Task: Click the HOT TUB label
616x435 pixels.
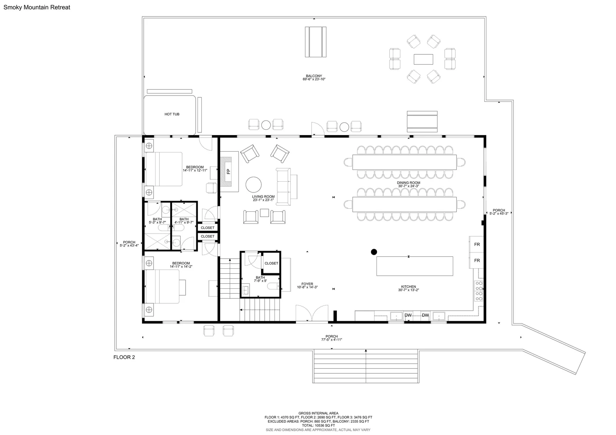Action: pyautogui.click(x=172, y=114)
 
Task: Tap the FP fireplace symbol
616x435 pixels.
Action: pyautogui.click(x=228, y=171)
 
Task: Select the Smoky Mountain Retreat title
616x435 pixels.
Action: pyautogui.click(x=37, y=7)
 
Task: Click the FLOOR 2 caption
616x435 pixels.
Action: pyautogui.click(x=124, y=357)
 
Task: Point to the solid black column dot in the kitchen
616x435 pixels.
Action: pyautogui.click(x=374, y=252)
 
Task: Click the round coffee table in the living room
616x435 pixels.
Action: pyautogui.click(x=254, y=184)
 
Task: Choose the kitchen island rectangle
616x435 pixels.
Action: pyautogui.click(x=415, y=266)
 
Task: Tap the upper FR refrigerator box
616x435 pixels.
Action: pyautogui.click(x=477, y=244)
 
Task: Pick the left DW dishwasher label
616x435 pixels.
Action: pyautogui.click(x=408, y=315)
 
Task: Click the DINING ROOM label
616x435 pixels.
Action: pyautogui.click(x=408, y=182)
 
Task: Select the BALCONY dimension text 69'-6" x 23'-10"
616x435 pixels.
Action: pyautogui.click(x=314, y=79)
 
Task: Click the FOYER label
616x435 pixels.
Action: pyautogui.click(x=307, y=284)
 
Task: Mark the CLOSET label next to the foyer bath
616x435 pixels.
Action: pyautogui.click(x=271, y=263)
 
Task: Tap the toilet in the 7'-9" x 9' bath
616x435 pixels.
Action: pyautogui.click(x=273, y=286)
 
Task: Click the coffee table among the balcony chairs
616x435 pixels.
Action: pyautogui.click(x=423, y=59)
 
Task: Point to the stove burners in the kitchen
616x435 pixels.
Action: pyautogui.click(x=479, y=291)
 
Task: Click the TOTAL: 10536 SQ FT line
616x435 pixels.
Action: pyautogui.click(x=318, y=425)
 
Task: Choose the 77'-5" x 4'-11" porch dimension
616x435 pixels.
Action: pyautogui.click(x=331, y=340)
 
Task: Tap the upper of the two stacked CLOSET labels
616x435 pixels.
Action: pyautogui.click(x=208, y=228)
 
